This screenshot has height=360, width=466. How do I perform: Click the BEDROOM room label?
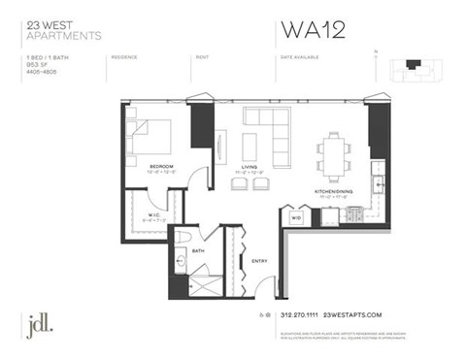(x=161, y=166)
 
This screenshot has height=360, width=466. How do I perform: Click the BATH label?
(x=198, y=250)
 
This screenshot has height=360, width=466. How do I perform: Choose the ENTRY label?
(x=259, y=260)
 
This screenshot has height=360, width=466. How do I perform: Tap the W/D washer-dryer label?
(x=296, y=218)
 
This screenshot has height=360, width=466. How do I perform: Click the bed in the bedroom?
(x=150, y=137)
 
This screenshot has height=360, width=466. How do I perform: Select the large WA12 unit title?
(x=315, y=30)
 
